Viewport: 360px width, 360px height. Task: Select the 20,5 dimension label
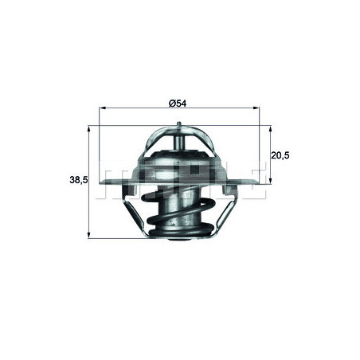click(280, 155)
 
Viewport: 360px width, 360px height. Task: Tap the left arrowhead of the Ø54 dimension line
click(102, 112)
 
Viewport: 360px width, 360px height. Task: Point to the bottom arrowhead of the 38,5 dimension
click(88, 236)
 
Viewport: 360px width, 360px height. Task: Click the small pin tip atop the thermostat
click(182, 125)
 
